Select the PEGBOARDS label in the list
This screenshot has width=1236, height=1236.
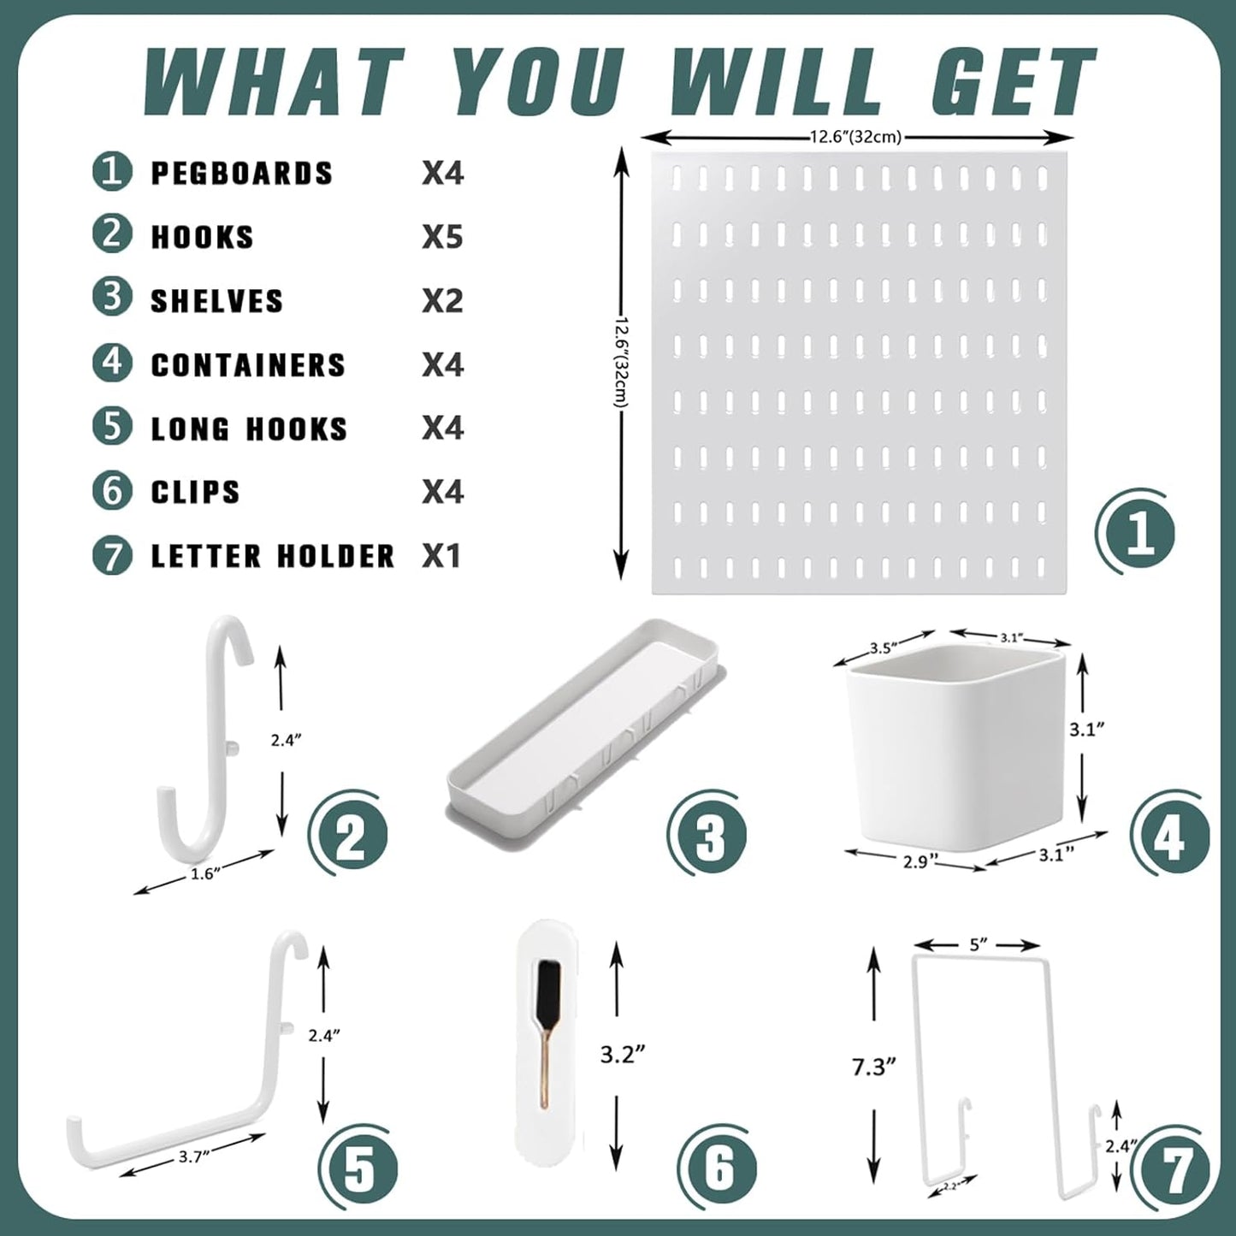(x=241, y=173)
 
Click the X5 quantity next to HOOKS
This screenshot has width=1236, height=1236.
(x=442, y=237)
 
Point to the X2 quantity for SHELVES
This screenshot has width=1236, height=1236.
(x=442, y=301)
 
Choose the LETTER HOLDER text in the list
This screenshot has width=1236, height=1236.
(x=273, y=556)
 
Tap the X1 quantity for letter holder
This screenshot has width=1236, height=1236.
(x=441, y=556)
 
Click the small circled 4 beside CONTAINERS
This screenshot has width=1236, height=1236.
(x=112, y=364)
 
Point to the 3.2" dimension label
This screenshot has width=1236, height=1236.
(x=622, y=1054)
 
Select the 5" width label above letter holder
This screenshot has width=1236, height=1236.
(x=979, y=944)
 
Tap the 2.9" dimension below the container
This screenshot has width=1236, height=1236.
(x=915, y=861)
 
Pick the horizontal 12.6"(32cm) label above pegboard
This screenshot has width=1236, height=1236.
(x=855, y=137)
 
